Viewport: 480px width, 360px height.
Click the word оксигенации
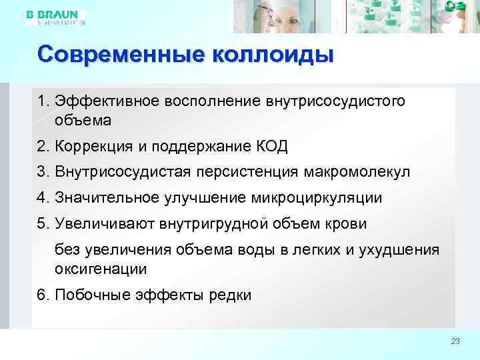[101, 269]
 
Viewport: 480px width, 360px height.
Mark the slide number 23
[455, 341]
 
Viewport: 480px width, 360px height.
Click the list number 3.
[42, 172]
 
